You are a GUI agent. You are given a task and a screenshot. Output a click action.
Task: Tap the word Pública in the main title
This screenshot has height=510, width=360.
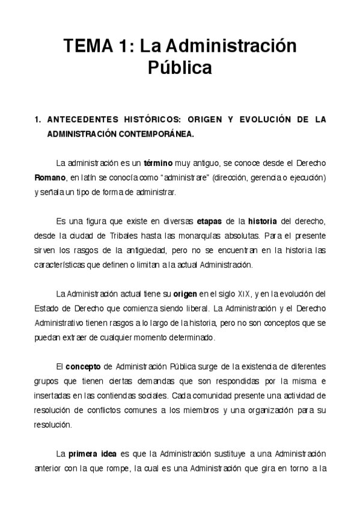click(x=180, y=68)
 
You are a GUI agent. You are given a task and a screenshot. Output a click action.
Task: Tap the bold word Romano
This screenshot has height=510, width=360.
click(x=49, y=178)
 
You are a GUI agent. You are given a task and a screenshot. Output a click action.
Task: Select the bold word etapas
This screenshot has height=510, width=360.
click(x=210, y=221)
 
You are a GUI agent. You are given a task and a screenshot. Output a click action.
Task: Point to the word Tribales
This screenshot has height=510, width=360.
click(x=130, y=236)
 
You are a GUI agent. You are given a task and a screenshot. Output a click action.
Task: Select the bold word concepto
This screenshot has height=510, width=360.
click(x=82, y=366)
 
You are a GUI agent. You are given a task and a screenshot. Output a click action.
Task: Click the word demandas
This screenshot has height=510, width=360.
click(x=225, y=381)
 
